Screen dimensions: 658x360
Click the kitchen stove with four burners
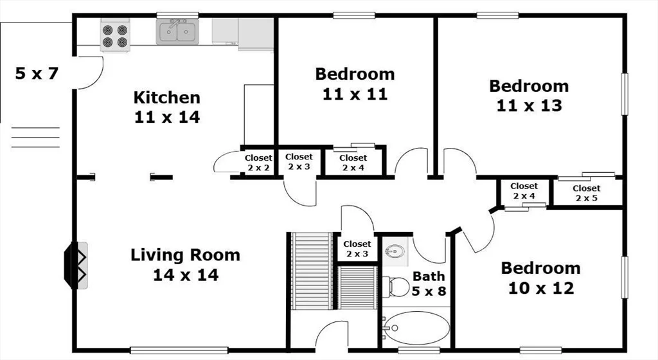click(115, 35)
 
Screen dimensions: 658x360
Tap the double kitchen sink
click(177, 32)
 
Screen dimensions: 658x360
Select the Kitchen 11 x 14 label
click(167, 107)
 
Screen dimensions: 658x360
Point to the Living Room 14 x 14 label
click(186, 265)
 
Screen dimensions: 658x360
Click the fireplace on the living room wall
click(76, 265)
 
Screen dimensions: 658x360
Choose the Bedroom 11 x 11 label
click(355, 84)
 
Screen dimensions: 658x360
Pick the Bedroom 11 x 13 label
click(529, 96)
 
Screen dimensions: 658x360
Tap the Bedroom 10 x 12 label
click(541, 278)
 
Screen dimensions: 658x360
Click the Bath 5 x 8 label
click(429, 283)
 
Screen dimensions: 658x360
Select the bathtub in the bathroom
click(416, 328)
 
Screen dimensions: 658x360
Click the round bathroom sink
click(395, 251)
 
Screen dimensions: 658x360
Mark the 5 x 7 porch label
click(37, 73)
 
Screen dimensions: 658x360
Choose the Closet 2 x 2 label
click(258, 163)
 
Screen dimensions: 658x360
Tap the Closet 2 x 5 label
click(586, 193)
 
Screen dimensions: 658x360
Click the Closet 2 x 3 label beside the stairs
click(357, 249)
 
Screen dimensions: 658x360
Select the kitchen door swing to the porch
click(89, 73)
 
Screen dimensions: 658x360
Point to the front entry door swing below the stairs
click(332, 334)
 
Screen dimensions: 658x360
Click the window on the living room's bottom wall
click(179, 350)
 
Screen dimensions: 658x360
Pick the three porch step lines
click(35, 137)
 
